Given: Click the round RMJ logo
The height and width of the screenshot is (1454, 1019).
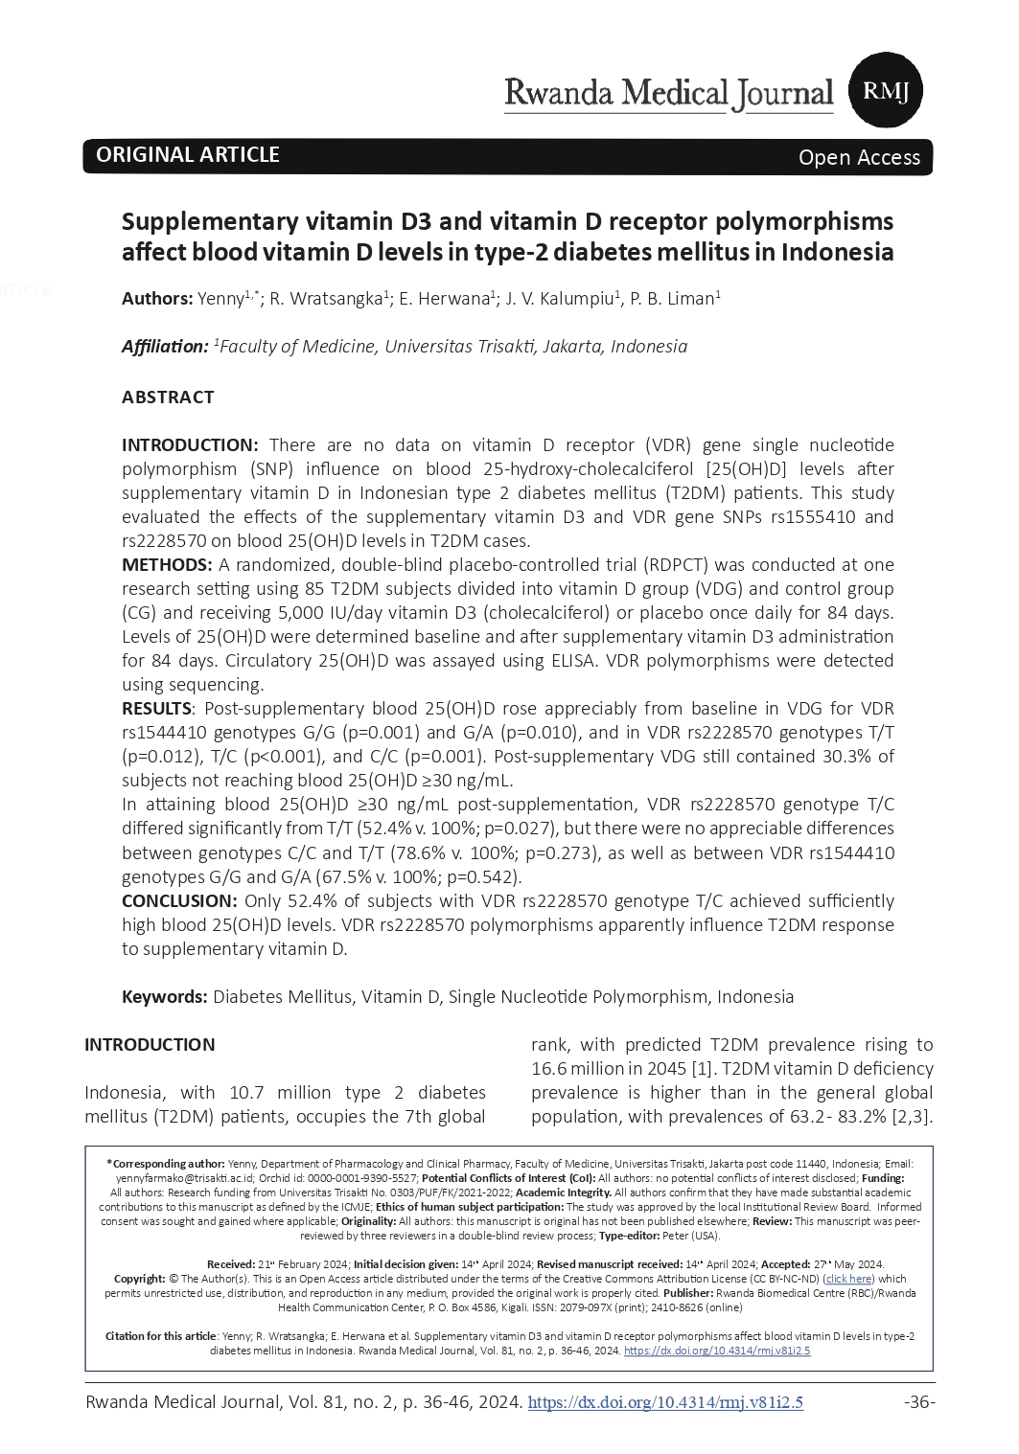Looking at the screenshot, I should [x=886, y=91].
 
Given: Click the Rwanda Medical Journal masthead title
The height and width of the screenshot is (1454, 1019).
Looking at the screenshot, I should [x=668, y=94].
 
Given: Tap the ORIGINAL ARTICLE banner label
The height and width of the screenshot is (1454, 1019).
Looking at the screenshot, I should [x=187, y=155].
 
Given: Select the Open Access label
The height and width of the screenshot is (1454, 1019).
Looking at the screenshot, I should [x=859, y=158].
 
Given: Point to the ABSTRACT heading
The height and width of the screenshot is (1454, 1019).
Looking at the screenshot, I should [x=168, y=397].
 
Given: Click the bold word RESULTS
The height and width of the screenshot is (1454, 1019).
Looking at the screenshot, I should [x=156, y=709].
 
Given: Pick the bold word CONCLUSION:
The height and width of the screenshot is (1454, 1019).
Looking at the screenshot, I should [x=179, y=900].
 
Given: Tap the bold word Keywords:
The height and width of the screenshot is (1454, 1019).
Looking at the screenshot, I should [x=164, y=996].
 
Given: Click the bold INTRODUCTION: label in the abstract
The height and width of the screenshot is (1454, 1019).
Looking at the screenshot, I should [x=190, y=444].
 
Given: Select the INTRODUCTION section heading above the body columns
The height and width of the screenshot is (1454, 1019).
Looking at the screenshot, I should [x=150, y=1044].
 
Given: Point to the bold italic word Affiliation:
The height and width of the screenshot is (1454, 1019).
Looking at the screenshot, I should [x=164, y=347].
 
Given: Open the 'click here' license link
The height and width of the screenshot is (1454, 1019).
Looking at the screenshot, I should [x=849, y=1279].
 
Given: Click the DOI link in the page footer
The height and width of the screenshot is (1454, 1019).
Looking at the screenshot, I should [x=665, y=1402].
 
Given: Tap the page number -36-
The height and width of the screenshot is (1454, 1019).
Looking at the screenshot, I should [x=918, y=1402].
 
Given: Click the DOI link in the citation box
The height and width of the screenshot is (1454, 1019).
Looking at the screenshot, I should [x=716, y=1351].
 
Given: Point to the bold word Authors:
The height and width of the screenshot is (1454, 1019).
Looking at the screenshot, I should [x=157, y=299].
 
